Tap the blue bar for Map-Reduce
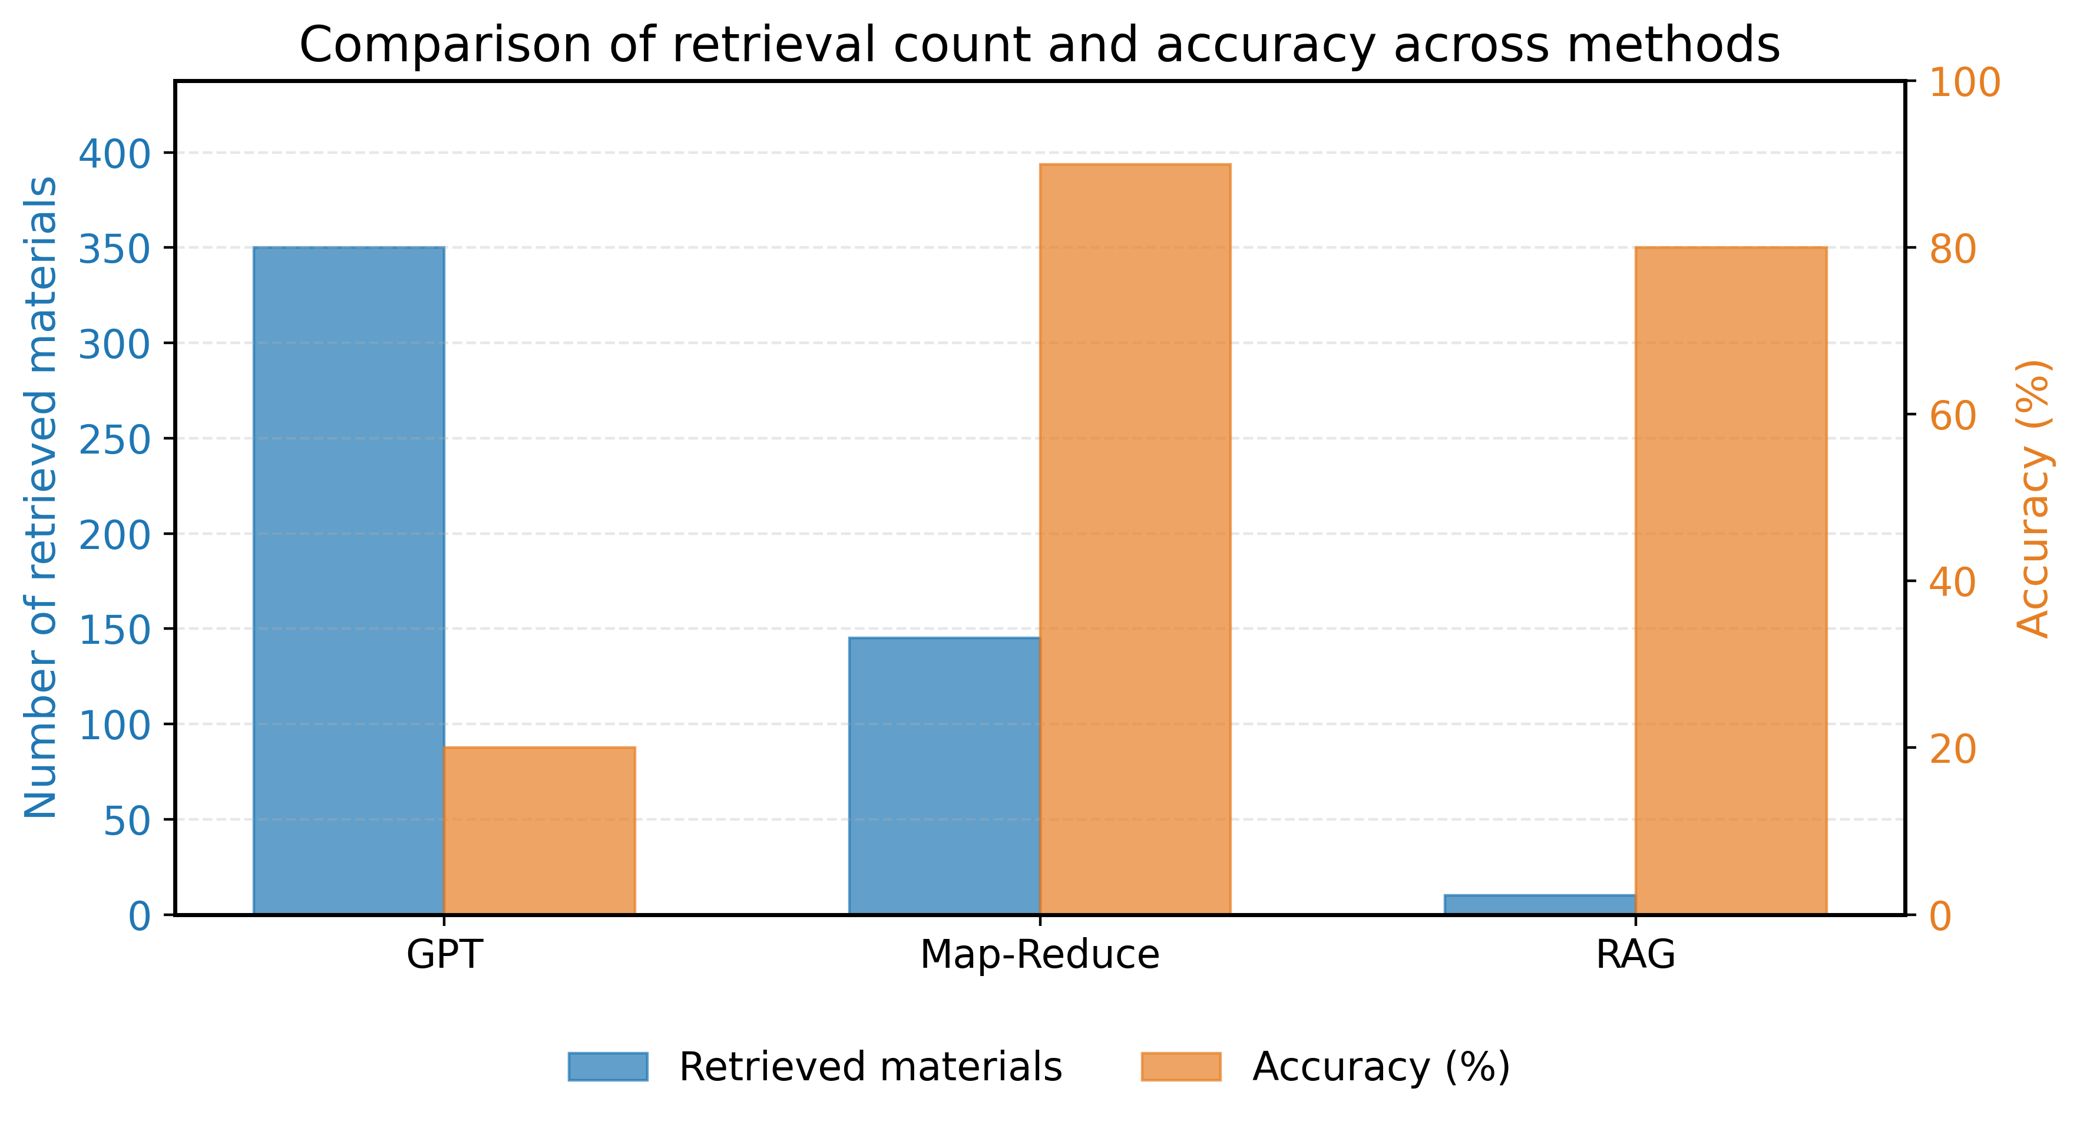pos(944,775)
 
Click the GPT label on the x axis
pos(444,954)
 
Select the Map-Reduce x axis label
pos(1039,954)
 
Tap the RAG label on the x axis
pos(1635,954)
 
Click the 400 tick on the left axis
pos(115,153)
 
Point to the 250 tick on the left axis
pos(115,439)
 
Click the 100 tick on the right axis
pos(1965,83)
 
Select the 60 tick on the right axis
pos(1952,416)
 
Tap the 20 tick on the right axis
pos(1952,749)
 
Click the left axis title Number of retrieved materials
pos(41,497)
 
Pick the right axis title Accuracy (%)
pos(2033,497)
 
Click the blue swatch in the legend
pos(608,1067)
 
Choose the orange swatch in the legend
pos(1180,1067)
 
